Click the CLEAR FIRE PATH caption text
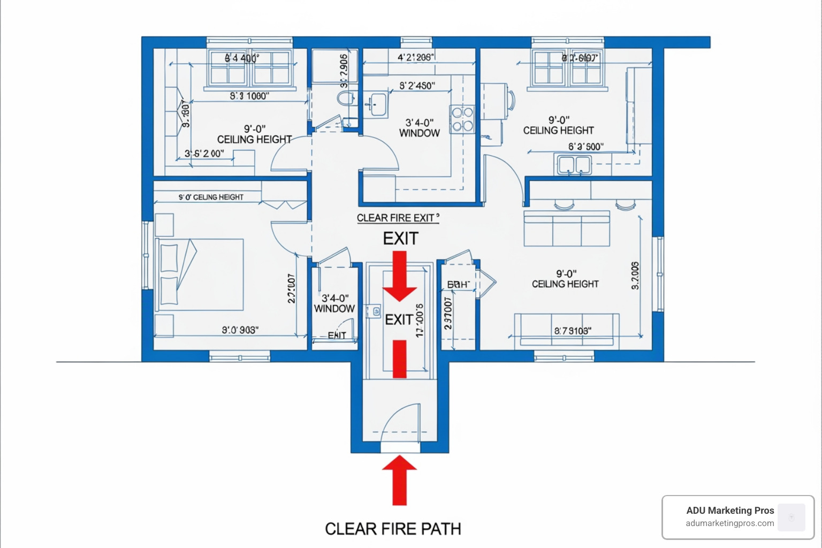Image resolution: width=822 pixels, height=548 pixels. pos(393,529)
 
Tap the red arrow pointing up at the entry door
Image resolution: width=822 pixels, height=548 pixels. pos(399,479)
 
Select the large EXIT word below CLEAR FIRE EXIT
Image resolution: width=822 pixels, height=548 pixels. pos(400,239)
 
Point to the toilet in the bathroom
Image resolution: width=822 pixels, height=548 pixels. pos(346,99)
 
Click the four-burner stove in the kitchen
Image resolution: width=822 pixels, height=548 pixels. pos(462,119)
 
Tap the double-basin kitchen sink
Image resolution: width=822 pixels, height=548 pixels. pos(574,165)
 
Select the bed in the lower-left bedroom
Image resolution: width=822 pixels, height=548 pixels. pos(199,274)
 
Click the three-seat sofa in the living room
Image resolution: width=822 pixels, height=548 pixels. pos(567,229)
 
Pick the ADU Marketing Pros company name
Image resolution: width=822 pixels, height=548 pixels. pos(730,511)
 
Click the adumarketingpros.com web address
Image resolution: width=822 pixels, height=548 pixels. pos(730,523)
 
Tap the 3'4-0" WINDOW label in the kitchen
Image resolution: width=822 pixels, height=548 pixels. pos(420,128)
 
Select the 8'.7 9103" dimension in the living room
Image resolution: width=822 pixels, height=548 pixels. pos(573,331)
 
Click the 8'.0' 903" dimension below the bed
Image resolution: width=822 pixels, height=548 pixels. pos(240,330)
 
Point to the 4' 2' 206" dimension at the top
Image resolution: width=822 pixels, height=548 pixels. pos(415,57)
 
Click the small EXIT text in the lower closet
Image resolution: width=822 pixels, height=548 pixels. pos(337,335)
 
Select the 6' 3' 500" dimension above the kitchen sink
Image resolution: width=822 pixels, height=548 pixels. pos(585,147)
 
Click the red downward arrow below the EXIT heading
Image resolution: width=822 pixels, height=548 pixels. pos(400,276)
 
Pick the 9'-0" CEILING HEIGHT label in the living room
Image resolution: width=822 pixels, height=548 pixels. pos(565,279)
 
